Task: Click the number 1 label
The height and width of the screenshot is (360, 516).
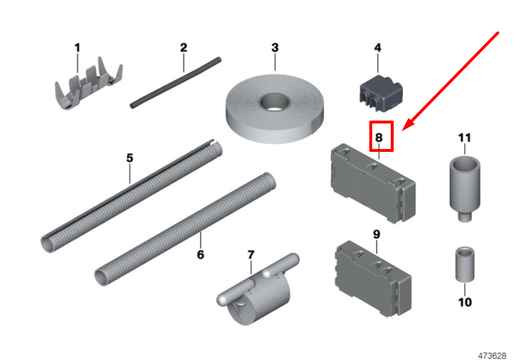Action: tap(77, 48)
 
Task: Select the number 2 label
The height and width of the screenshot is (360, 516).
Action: tap(184, 48)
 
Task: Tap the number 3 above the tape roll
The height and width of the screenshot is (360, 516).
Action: tap(275, 48)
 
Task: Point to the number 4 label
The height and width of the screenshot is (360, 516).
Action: tap(378, 48)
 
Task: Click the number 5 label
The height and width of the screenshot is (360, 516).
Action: tap(130, 158)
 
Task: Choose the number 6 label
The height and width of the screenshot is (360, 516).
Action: tap(201, 254)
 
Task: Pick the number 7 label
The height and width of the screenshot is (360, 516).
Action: tap(251, 254)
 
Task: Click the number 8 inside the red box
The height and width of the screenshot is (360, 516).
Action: tap(379, 137)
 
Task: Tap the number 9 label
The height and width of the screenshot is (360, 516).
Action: tap(376, 234)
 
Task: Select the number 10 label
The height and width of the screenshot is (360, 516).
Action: tap(464, 302)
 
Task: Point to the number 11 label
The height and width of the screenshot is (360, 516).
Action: tap(464, 137)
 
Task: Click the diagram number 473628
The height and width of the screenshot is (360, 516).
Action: tap(492, 355)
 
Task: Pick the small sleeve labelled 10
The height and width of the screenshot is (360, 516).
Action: tap(464, 264)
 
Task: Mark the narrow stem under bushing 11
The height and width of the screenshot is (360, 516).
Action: tap(464, 217)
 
